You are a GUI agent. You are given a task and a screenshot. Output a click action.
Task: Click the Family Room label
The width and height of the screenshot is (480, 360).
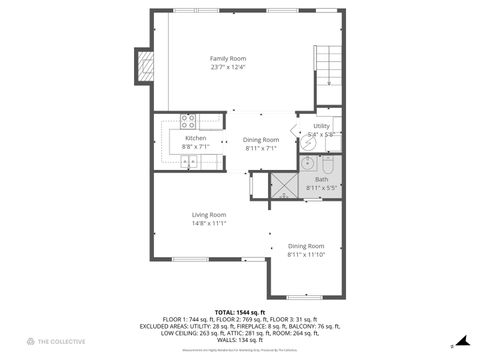225,59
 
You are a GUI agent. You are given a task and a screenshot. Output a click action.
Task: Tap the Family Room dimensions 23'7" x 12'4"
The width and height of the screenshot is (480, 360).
225,68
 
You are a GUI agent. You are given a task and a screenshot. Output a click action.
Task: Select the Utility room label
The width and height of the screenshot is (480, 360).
320,126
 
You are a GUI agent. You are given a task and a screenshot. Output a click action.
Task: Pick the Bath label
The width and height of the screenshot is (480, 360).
321,179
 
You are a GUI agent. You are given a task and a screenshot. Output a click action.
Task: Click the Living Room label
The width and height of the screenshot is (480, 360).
209,214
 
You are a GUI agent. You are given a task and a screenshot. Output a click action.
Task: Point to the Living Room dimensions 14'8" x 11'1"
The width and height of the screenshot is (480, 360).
209,223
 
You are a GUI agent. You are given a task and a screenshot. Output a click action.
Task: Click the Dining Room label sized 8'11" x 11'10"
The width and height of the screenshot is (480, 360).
306,245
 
